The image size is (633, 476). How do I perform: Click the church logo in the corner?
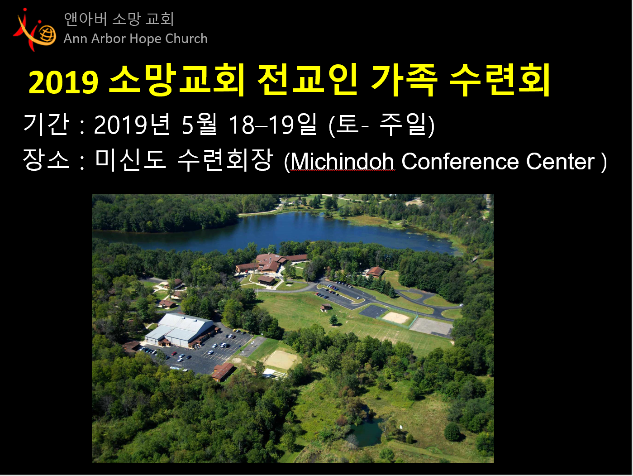pyautogui.click(x=35, y=30)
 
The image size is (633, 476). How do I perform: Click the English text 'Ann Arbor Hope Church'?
pyautogui.click(x=135, y=39)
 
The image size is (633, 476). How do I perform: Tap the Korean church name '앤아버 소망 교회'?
pyautogui.click(x=119, y=19)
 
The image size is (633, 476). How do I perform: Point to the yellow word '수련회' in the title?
pyautogui.click(x=500, y=81)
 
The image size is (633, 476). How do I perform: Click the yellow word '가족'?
pyautogui.click(x=404, y=81)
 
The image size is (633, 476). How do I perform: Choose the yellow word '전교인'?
pyautogui.click(x=308, y=81)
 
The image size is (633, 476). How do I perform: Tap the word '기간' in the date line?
pyautogui.click(x=46, y=125)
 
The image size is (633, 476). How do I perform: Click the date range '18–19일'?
pyautogui.click(x=272, y=125)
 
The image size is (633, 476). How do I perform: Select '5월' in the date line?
pyautogui.click(x=199, y=125)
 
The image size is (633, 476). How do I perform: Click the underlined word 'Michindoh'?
pyautogui.click(x=342, y=162)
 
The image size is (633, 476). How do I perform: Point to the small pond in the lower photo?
pyautogui.click(x=367, y=432)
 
